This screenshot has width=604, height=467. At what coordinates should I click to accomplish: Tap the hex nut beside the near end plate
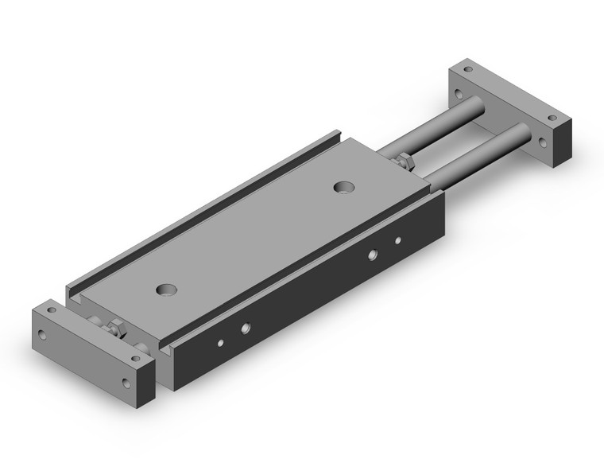[116, 327]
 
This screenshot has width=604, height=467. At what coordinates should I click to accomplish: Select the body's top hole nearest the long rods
[343, 187]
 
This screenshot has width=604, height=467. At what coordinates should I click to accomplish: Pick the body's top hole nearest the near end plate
[167, 290]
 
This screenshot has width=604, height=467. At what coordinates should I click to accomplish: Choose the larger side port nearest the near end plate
[246, 327]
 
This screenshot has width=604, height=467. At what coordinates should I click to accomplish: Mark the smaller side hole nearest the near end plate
[220, 344]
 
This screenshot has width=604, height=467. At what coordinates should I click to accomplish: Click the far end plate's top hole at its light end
[467, 70]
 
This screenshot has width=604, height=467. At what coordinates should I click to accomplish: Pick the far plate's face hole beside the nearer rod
[543, 143]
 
